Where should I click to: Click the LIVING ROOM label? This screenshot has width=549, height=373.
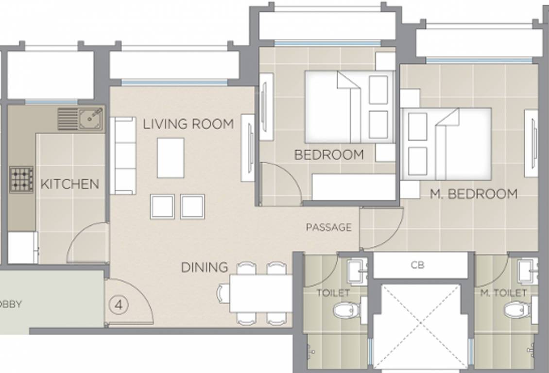188,124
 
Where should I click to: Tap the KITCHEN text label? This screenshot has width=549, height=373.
69,184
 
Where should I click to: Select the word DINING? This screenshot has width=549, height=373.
205,267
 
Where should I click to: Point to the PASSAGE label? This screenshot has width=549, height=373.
328,227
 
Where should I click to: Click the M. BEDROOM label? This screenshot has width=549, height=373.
474,194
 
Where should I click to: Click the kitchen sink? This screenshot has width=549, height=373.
90,118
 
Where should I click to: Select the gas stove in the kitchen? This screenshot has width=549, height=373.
21,180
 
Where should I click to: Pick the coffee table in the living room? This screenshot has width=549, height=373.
171,158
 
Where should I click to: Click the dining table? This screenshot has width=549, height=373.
261,293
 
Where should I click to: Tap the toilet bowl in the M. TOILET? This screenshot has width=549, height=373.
515,309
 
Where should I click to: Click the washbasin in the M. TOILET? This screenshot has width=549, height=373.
528,271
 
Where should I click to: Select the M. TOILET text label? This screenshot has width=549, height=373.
503,293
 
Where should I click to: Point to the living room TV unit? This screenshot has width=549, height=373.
248,148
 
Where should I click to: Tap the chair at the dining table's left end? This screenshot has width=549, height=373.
224,293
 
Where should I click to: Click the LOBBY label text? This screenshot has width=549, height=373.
11,305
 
